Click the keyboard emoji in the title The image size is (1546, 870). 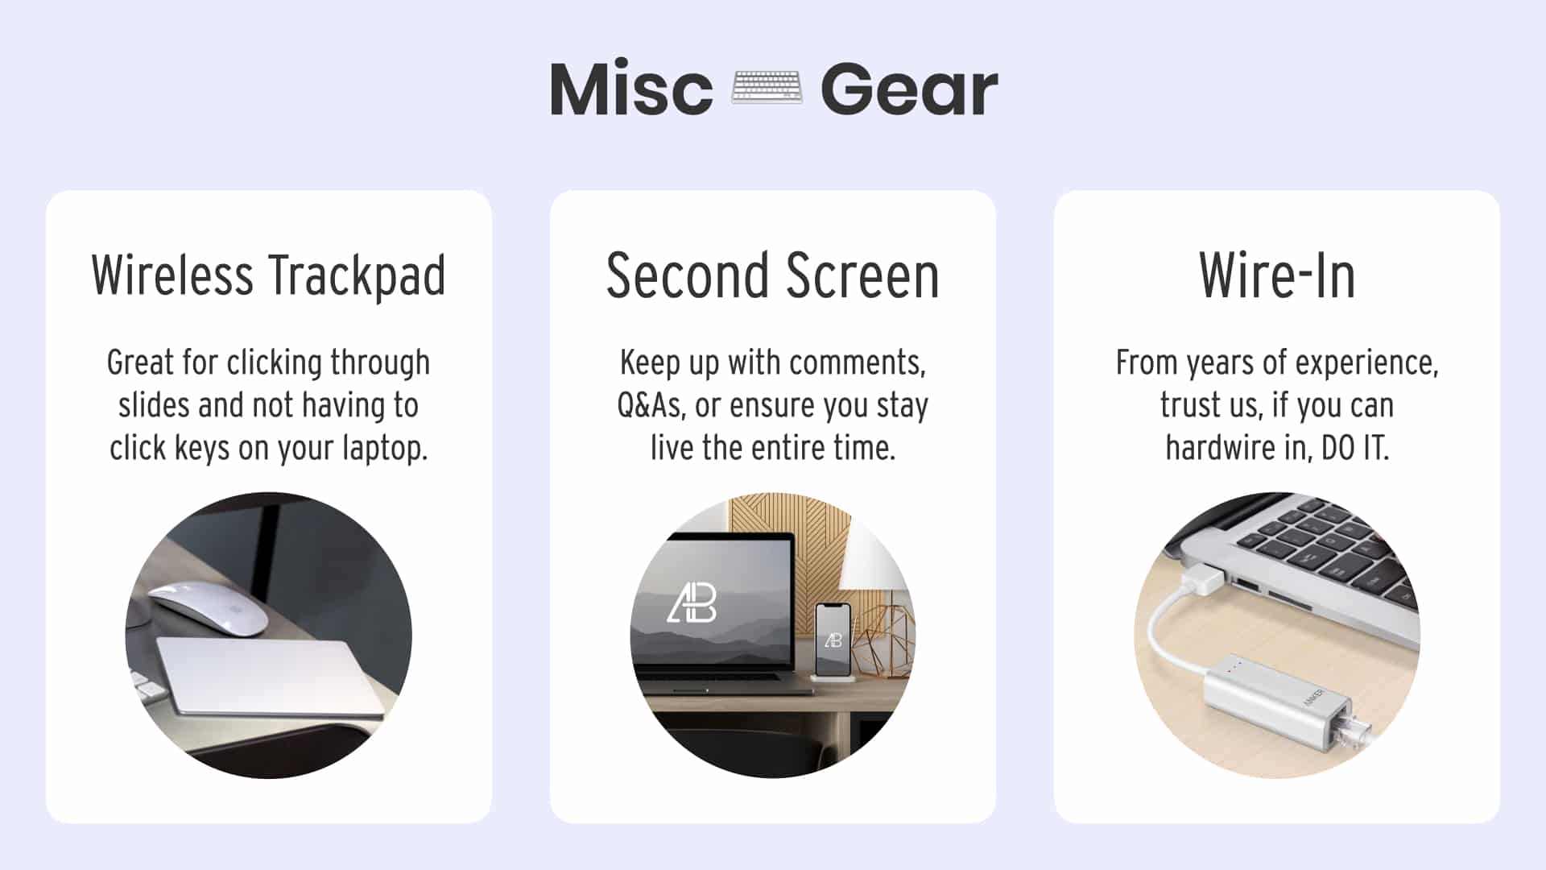[x=766, y=87]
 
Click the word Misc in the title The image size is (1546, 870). [x=631, y=89]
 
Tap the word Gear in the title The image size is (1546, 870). [x=909, y=89]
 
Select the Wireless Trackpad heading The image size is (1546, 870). [x=268, y=275]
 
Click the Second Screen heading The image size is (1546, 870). [x=772, y=275]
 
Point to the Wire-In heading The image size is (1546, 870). [x=1276, y=275]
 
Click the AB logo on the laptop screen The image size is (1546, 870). [x=692, y=603]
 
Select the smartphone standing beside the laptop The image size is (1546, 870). [x=833, y=640]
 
